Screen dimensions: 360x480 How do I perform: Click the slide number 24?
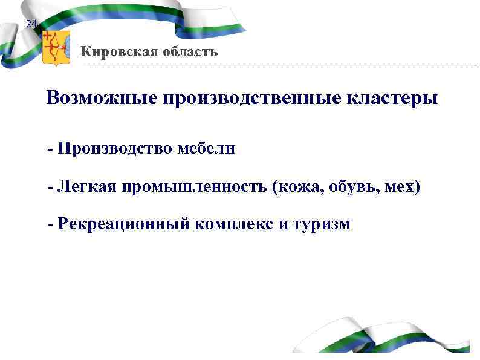[31, 24]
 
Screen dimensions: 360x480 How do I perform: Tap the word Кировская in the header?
[117, 52]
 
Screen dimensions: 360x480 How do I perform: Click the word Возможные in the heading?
[101, 99]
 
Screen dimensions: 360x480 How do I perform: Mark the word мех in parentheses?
[398, 187]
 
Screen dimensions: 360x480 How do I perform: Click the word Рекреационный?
[122, 225]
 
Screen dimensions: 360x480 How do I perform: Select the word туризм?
[321, 226]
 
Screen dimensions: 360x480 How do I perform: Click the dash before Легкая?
[51, 188]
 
